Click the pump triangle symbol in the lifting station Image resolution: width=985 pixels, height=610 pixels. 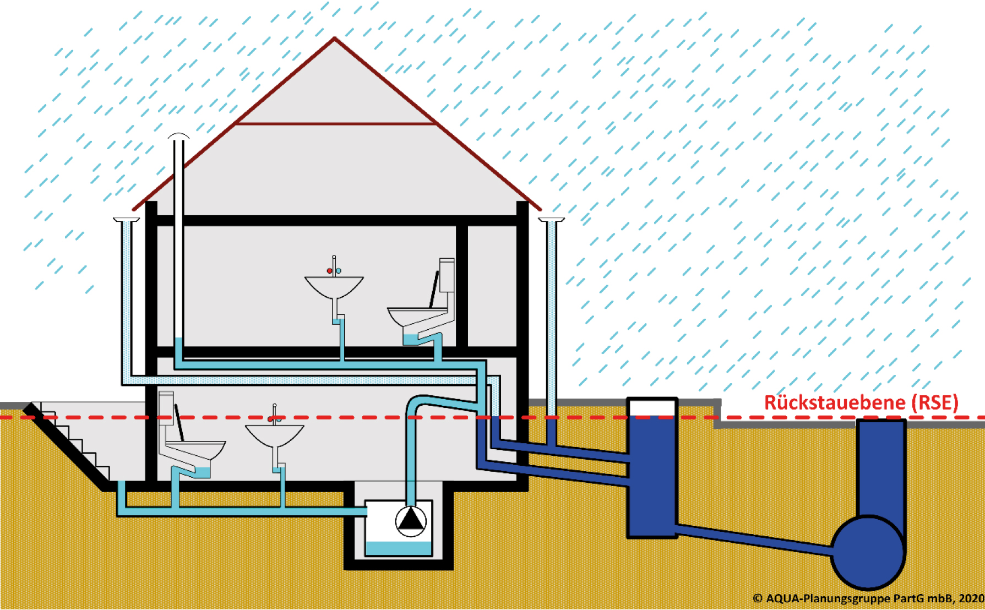(411, 520)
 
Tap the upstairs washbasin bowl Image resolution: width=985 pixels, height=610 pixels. (334, 287)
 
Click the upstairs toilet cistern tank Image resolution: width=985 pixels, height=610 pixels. (447, 275)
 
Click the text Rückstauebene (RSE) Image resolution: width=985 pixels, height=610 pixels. (861, 402)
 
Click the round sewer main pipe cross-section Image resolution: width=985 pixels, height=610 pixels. (868, 552)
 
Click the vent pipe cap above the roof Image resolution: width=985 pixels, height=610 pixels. (178, 135)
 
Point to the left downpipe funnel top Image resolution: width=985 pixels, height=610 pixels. (127, 220)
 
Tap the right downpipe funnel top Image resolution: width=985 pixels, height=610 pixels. (551, 220)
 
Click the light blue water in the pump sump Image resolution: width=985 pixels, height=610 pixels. (398, 548)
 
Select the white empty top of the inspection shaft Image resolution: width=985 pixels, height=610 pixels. (652, 407)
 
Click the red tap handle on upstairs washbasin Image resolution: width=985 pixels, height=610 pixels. (330, 271)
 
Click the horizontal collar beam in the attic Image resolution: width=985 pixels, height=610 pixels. (336, 124)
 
